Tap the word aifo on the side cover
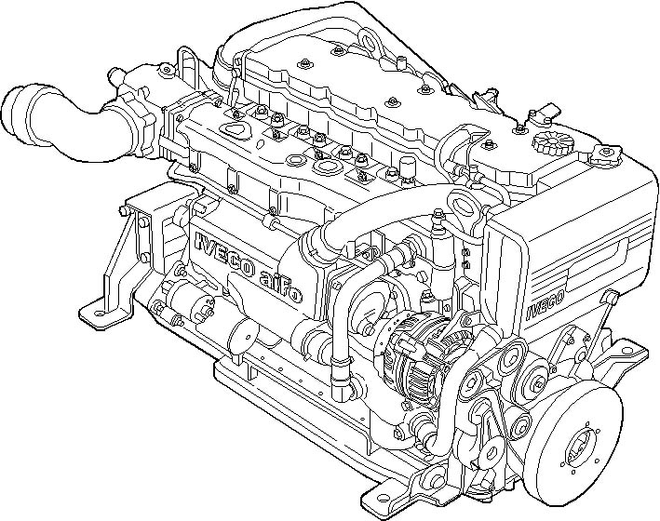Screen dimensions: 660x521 [280, 287]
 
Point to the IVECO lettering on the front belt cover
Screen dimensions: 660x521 [546, 304]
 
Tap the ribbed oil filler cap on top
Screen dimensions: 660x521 [546, 143]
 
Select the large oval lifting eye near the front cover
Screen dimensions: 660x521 [463, 206]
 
